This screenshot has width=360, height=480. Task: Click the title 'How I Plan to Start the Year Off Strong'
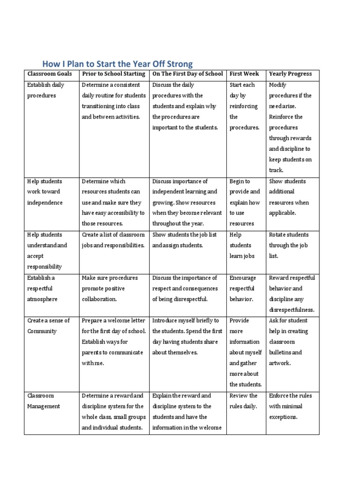tap(117, 63)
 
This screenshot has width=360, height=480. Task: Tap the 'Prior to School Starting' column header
tap(114, 74)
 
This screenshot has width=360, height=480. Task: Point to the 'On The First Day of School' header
tap(187, 74)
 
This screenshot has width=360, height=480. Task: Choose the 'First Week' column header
tap(244, 74)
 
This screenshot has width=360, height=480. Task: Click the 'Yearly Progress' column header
tap(290, 74)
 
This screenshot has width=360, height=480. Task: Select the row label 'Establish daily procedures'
tap(45, 90)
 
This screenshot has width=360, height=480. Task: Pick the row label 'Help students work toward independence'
tap(45, 192)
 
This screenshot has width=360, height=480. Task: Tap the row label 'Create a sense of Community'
tap(48, 326)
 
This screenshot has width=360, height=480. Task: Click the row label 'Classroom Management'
tap(44, 401)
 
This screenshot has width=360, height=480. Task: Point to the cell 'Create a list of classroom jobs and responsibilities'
tap(113, 240)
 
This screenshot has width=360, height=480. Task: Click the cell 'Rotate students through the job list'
tap(289, 245)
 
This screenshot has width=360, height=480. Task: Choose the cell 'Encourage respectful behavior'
tap(242, 288)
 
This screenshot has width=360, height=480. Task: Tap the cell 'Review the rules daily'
tap(243, 401)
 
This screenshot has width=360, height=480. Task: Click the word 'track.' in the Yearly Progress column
tap(276, 171)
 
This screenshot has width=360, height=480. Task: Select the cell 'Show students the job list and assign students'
tap(185, 240)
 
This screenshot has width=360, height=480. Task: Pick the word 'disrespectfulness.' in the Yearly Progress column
tap(292, 310)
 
